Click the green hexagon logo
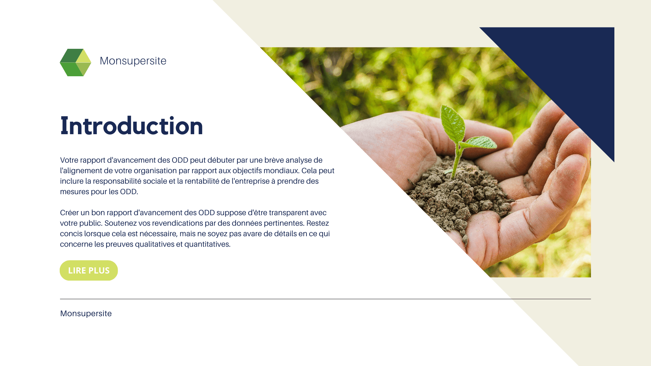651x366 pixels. [75, 62]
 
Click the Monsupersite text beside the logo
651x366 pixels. [133, 61]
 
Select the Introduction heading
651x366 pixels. [132, 126]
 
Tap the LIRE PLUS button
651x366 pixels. [89, 270]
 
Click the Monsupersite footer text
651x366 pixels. [86, 313]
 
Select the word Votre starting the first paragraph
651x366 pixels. [69, 160]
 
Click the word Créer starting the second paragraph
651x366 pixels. [69, 212]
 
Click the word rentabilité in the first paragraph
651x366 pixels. [202, 181]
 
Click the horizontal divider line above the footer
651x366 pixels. [325, 299]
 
